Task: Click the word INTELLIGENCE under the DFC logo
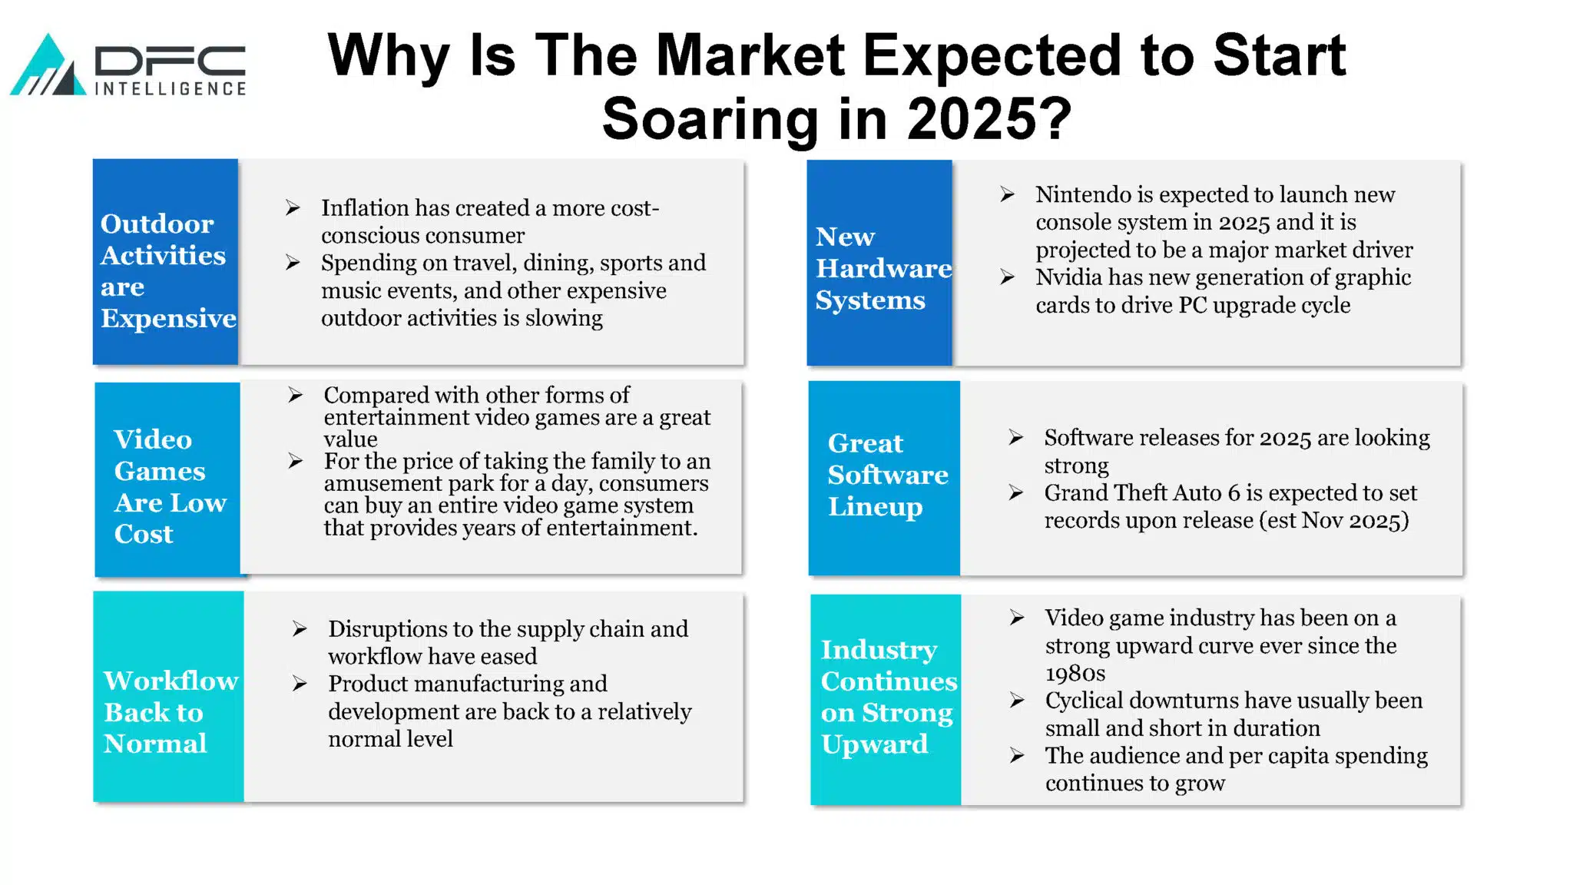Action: [x=171, y=89]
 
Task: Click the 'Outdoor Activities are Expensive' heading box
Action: [x=165, y=262]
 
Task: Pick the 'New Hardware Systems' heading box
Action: [x=879, y=263]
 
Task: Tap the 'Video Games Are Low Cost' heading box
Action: [x=167, y=479]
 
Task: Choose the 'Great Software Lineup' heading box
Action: [x=884, y=478]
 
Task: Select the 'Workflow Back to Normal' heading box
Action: [x=169, y=697]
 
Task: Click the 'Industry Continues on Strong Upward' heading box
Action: [x=886, y=700]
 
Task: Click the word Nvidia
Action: [x=1064, y=277]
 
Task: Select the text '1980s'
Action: [x=1075, y=674]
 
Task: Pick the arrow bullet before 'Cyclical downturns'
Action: [x=1017, y=701]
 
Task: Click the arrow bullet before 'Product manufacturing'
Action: [x=300, y=684]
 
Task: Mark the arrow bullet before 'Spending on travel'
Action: [x=293, y=263]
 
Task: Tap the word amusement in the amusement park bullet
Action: [x=374, y=484]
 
